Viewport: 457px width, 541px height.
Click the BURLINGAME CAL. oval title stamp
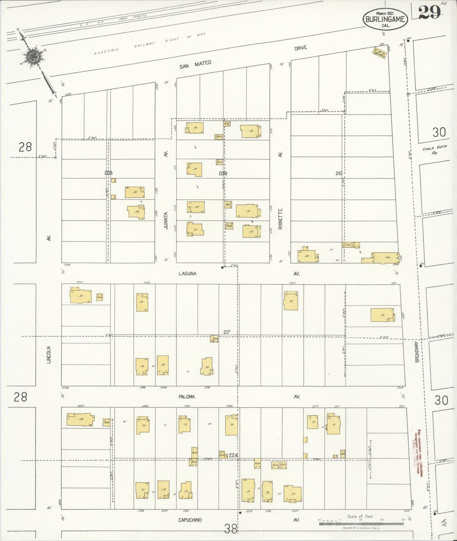(385, 19)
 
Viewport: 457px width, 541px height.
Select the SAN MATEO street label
(195, 65)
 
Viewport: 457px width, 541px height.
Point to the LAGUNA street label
(187, 274)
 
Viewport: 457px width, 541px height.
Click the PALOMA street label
(187, 397)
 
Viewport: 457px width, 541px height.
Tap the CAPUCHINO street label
(190, 520)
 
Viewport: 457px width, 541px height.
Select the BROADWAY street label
(417, 351)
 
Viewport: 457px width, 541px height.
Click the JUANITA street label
(166, 220)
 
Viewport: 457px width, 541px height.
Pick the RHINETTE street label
(280, 219)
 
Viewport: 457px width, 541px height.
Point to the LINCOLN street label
(49, 354)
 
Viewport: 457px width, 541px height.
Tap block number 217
(226, 332)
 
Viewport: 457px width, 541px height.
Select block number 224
(233, 455)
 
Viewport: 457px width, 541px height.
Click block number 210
(339, 173)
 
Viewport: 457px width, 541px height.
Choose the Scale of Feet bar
(360, 523)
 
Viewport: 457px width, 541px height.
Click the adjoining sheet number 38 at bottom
(231, 529)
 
